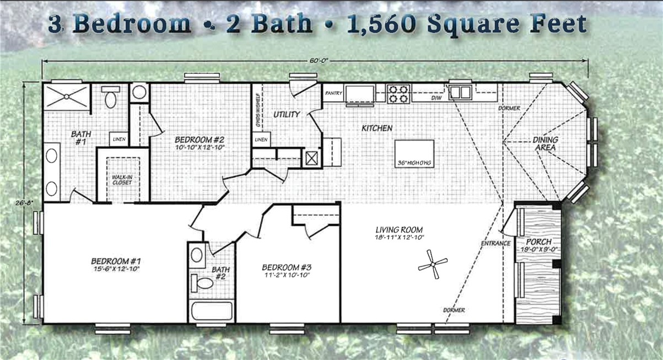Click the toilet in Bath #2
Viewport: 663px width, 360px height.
tap(203, 283)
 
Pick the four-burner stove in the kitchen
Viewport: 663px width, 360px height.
tap(398, 94)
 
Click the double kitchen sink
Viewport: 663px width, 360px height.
tap(460, 92)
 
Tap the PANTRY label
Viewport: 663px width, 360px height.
tap(333, 93)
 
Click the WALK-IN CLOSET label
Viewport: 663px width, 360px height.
tap(122, 180)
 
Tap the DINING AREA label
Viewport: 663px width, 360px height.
tap(545, 144)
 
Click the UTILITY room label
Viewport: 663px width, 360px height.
tap(287, 115)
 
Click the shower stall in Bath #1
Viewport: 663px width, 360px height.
tap(66, 96)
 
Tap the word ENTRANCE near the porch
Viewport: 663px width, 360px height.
tap(495, 243)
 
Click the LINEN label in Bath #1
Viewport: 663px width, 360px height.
tap(119, 139)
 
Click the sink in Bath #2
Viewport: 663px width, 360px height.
tap(197, 255)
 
